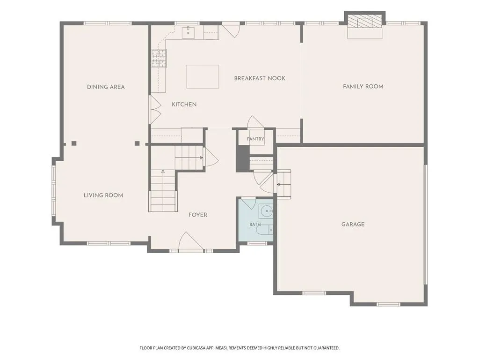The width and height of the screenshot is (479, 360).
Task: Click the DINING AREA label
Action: pyautogui.click(x=106, y=87)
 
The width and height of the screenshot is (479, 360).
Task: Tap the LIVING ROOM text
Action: pyautogui.click(x=103, y=195)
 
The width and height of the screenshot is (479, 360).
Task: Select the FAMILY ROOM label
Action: pyautogui.click(x=363, y=87)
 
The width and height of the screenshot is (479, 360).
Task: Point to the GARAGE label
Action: pyautogui.click(x=353, y=225)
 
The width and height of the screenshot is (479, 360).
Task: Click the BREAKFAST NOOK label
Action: pyautogui.click(x=260, y=78)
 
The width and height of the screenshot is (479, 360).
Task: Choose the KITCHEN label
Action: pyautogui.click(x=184, y=105)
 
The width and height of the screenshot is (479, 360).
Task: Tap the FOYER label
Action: pyautogui.click(x=198, y=215)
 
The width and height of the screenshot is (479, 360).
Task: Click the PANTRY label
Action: pyautogui.click(x=255, y=139)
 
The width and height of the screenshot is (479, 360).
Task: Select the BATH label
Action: pyautogui.click(x=255, y=225)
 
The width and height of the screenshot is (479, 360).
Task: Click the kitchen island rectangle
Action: pyautogui.click(x=203, y=76)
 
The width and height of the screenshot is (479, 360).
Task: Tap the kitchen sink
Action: pyautogui.click(x=188, y=32)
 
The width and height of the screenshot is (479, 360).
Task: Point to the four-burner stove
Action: pyautogui.click(x=159, y=59)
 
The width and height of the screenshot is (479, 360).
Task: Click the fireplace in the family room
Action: pyautogui.click(x=365, y=25)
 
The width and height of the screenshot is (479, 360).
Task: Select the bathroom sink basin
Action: pyautogui.click(x=267, y=211)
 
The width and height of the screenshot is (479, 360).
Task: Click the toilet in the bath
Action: pyautogui.click(x=265, y=229)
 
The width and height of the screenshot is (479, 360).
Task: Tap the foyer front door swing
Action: pyautogui.click(x=191, y=242)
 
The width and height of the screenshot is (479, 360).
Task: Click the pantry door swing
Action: pyautogui.click(x=255, y=122)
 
